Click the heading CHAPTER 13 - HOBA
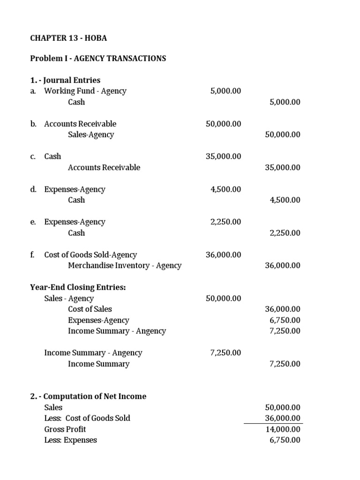(68, 38)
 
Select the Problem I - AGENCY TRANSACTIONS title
(98, 59)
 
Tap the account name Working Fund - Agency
(85, 91)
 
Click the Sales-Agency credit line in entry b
(91, 135)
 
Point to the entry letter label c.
(33, 157)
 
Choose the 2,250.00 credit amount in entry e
(285, 233)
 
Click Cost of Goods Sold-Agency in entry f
(90, 255)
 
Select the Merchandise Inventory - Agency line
(125, 265)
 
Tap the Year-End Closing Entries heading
(78, 287)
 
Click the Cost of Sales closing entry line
(90, 309)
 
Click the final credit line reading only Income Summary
(98, 364)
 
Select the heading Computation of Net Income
(88, 396)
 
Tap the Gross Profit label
(65, 429)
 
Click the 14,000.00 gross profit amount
(283, 429)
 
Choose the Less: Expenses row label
(70, 440)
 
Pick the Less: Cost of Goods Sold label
(87, 418)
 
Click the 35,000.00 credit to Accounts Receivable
(283, 167)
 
